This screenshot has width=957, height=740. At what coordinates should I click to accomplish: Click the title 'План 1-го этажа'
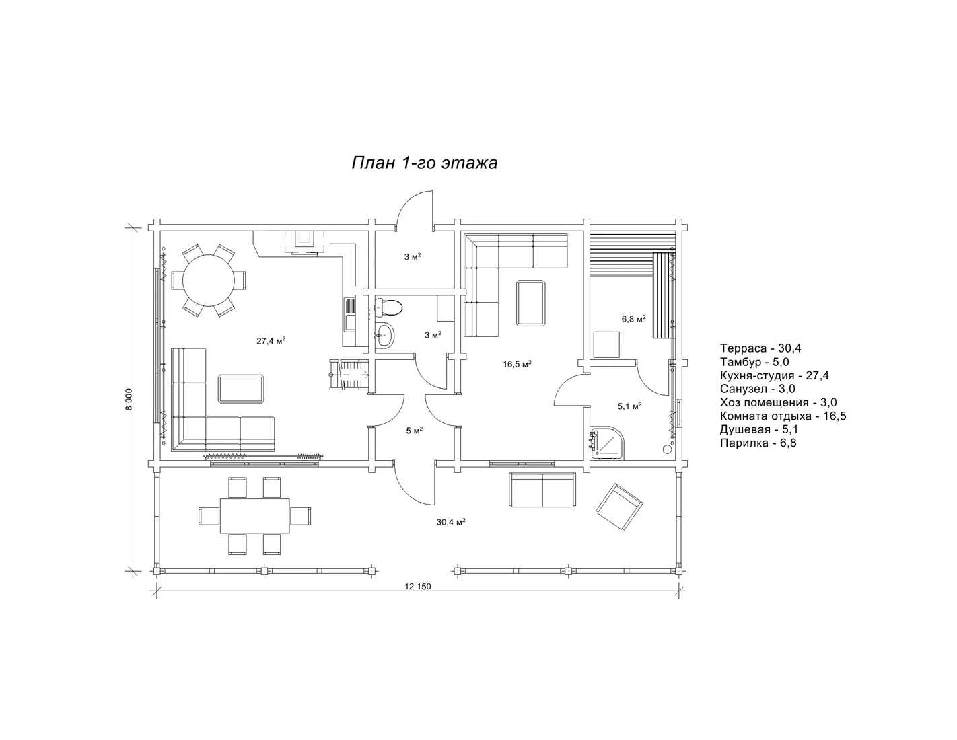[x=425, y=163]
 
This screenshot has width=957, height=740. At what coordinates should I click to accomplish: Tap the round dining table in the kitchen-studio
[x=209, y=280]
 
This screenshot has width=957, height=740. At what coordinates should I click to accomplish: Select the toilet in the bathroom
[x=389, y=307]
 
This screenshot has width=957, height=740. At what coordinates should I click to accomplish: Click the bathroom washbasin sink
[x=386, y=336]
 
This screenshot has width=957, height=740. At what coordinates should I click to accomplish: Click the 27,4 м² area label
[x=271, y=340]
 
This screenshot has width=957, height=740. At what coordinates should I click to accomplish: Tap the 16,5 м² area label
[x=517, y=364]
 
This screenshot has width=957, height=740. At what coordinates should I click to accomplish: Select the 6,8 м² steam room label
[x=634, y=319]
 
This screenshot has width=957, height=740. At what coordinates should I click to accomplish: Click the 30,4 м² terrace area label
[x=451, y=522]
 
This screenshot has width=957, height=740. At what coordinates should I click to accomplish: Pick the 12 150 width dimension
[x=417, y=587]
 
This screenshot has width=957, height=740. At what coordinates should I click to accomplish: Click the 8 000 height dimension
[x=129, y=399]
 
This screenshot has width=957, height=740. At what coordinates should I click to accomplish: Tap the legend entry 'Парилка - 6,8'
[x=758, y=443]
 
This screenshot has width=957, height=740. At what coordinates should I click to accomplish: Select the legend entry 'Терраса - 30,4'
[x=760, y=348]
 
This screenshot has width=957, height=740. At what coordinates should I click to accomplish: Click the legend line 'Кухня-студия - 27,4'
[x=775, y=375]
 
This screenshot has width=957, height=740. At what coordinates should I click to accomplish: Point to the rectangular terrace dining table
[x=254, y=516]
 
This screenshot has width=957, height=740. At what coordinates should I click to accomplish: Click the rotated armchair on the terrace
[x=618, y=507]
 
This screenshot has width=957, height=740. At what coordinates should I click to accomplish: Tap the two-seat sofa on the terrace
[x=542, y=490]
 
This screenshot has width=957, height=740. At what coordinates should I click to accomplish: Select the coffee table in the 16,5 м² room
[x=531, y=303]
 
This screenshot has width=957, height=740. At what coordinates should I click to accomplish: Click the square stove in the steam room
[x=606, y=345]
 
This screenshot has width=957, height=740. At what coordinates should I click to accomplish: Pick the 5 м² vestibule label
[x=414, y=431]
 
